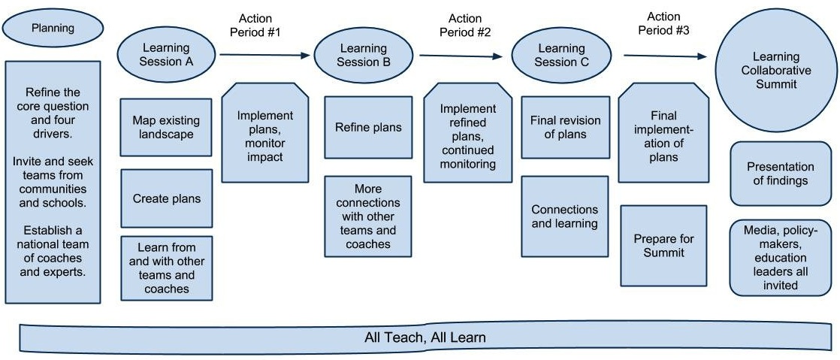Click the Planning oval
(x=53, y=29)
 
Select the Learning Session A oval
(x=167, y=55)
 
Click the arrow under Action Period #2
(x=461, y=56)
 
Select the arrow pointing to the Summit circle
(x=665, y=56)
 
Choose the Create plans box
(x=167, y=199)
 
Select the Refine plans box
(x=368, y=127)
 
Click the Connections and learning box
(x=564, y=216)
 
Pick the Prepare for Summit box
(x=663, y=246)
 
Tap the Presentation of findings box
(x=781, y=174)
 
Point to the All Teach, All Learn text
(x=425, y=337)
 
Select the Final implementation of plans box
(x=663, y=136)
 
